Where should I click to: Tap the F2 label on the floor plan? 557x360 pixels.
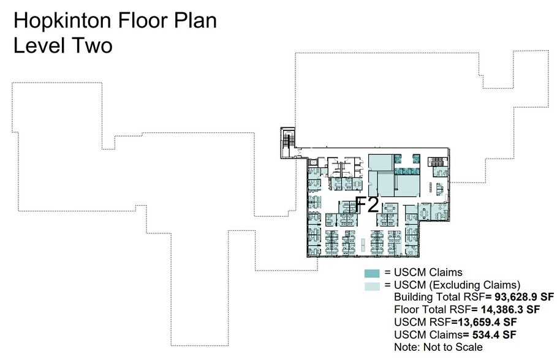pyautogui.click(x=368, y=204)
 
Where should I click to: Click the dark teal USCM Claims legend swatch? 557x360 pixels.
pyautogui.click(x=372, y=273)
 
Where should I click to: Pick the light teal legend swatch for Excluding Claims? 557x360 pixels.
pyautogui.click(x=372, y=285)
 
